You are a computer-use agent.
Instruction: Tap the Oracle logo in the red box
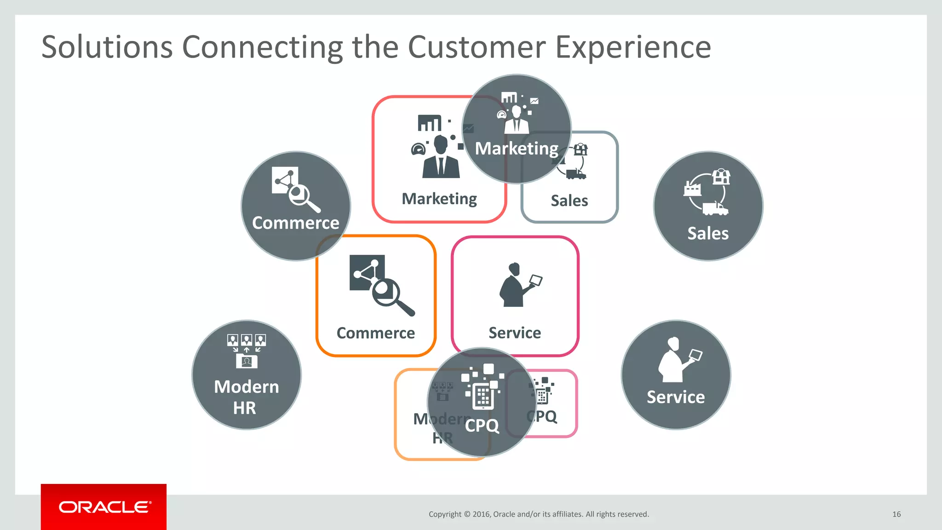point(104,507)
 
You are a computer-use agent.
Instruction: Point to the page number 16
point(896,514)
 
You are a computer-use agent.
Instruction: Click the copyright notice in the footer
point(539,514)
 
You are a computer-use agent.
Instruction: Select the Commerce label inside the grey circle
point(295,223)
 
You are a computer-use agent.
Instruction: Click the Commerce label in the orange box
point(375,333)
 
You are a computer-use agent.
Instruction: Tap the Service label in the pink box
point(515,333)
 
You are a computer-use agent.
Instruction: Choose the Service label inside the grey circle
point(676,397)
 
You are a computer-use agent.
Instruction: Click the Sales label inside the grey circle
point(708,234)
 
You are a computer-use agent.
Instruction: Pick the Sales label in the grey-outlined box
point(569,201)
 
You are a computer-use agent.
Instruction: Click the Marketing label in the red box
point(439,199)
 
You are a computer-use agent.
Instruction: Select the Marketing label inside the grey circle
point(517,149)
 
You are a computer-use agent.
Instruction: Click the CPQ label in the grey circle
point(482,426)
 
